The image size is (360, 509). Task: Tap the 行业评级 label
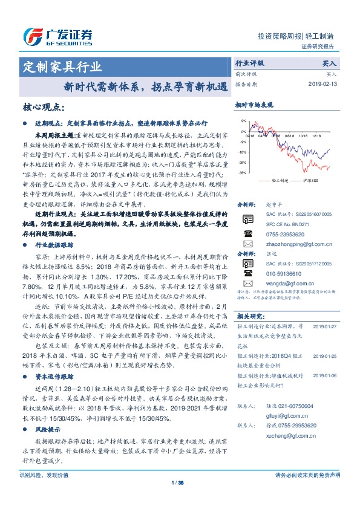pos(249,63)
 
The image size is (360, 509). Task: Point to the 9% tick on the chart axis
pos(243,122)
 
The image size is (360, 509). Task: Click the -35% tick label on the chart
pos(241,173)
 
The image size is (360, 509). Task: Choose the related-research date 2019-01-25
pos(324,356)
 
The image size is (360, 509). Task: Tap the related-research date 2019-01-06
pos(324,375)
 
